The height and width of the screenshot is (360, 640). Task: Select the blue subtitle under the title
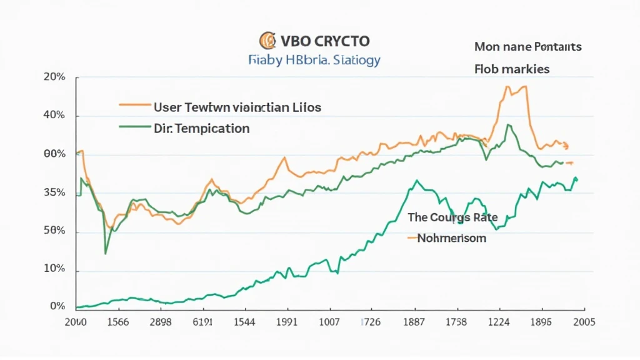314,61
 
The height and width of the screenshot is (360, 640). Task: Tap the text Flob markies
512,69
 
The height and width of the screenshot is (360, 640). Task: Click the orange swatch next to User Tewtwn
134,106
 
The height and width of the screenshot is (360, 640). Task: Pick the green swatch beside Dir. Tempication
134,127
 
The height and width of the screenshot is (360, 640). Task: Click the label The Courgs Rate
452,217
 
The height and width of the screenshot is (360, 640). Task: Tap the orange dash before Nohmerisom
411,238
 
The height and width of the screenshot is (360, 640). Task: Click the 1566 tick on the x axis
114,322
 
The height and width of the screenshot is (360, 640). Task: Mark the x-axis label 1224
498,322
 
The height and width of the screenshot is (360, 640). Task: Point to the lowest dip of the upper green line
105,253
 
